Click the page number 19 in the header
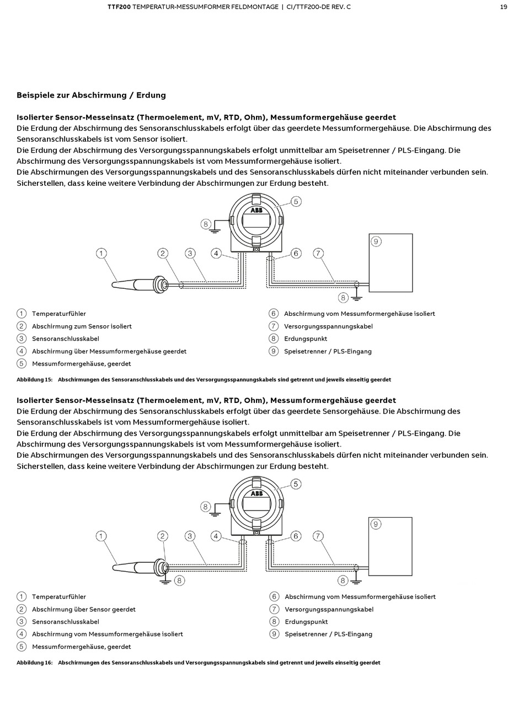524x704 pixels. click(504, 7)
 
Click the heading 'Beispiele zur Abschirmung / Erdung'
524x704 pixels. click(91, 95)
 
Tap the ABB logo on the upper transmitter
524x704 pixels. click(256, 211)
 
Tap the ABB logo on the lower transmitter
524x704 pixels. click(256, 493)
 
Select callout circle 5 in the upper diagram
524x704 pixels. click(296, 201)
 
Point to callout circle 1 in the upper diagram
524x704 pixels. click(101, 253)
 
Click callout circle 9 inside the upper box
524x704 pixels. click(376, 241)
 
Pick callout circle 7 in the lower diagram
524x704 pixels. click(318, 536)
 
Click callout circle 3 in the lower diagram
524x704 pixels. click(190, 536)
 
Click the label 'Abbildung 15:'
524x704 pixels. click(34, 380)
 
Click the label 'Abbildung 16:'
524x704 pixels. click(34, 663)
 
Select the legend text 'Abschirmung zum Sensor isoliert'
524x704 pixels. click(82, 326)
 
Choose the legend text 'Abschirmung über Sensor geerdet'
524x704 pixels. click(83, 609)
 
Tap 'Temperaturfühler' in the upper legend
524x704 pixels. click(59, 314)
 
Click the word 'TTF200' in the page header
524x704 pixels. click(119, 7)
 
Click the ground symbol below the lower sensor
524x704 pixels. click(164, 581)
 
